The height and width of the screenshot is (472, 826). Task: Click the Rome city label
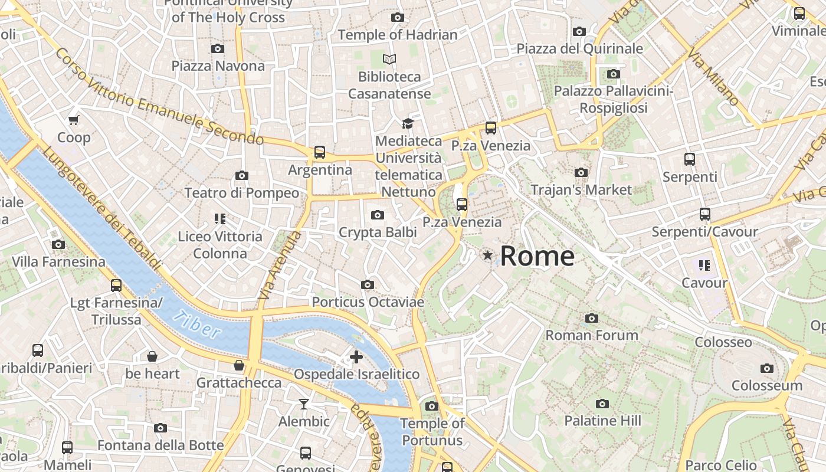(x=537, y=256)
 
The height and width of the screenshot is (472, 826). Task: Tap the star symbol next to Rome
(x=487, y=255)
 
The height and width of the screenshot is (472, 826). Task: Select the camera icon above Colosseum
(x=766, y=369)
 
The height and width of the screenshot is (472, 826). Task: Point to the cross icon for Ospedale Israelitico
(x=356, y=357)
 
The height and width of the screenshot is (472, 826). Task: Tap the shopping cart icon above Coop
(x=74, y=120)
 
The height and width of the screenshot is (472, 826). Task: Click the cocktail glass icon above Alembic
(x=304, y=404)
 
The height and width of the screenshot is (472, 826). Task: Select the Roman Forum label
(x=592, y=335)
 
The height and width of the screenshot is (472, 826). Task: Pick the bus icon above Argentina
(x=320, y=152)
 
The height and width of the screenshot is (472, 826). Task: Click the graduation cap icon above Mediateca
(x=408, y=123)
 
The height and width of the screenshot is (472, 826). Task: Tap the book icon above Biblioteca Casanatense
(x=389, y=59)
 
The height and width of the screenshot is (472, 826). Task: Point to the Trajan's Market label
(x=581, y=190)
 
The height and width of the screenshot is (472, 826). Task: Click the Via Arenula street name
(x=280, y=265)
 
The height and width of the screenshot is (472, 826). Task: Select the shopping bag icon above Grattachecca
(x=239, y=366)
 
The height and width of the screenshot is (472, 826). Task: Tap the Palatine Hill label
(x=602, y=421)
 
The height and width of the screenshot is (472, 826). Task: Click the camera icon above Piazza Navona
(x=218, y=48)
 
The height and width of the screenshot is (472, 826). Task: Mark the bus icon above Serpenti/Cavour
(x=704, y=214)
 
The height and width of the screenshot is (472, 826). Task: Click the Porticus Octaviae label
(x=368, y=302)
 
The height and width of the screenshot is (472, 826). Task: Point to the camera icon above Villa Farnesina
(x=58, y=244)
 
